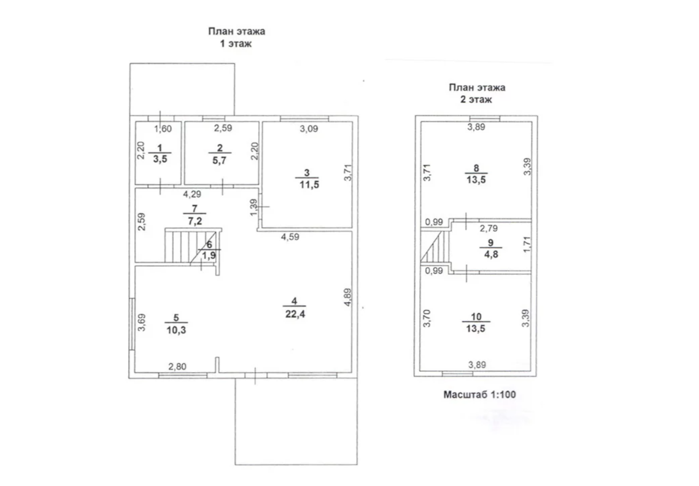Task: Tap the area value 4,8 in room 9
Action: tap(490, 255)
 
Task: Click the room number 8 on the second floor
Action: tap(476, 168)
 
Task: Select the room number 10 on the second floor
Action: tap(476, 317)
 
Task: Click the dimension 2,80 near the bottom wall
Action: tap(178, 367)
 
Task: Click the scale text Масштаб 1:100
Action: tap(479, 394)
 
